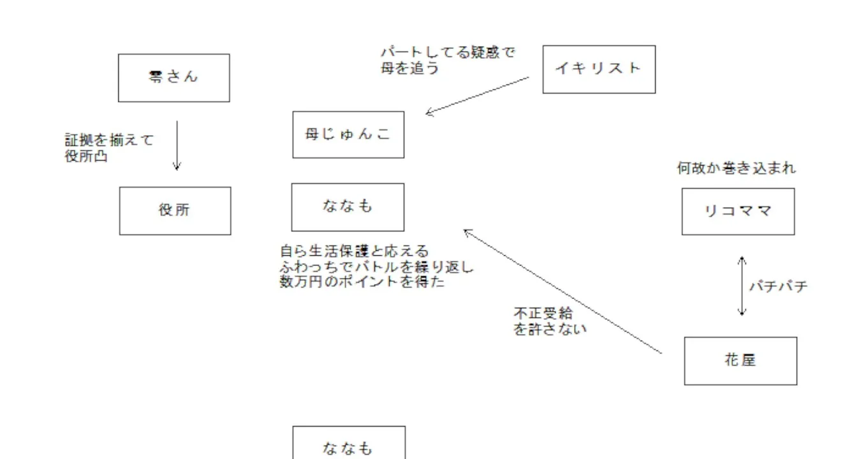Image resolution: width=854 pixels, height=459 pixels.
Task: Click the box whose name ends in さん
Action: coord(173,78)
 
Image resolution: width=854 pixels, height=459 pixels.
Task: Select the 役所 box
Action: coord(175,210)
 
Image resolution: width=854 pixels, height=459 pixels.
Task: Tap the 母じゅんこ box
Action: coord(348,135)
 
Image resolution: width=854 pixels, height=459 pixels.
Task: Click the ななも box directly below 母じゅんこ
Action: coord(348,207)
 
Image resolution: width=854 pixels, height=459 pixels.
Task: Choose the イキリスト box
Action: coord(598,69)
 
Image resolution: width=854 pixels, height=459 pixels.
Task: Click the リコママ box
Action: coord(738,212)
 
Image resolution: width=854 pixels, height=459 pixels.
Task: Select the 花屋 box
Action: coord(740,361)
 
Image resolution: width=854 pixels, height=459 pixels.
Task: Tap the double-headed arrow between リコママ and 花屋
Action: coord(742,286)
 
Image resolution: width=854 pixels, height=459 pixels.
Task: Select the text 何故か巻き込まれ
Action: coord(736,169)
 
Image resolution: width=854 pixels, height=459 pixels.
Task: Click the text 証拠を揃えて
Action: coord(109,140)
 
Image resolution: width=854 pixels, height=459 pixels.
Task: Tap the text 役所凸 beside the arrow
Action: coord(86,156)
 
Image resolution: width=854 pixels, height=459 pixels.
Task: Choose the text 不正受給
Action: coord(543,314)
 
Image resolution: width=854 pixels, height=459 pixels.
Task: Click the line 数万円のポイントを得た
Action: coord(362,282)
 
